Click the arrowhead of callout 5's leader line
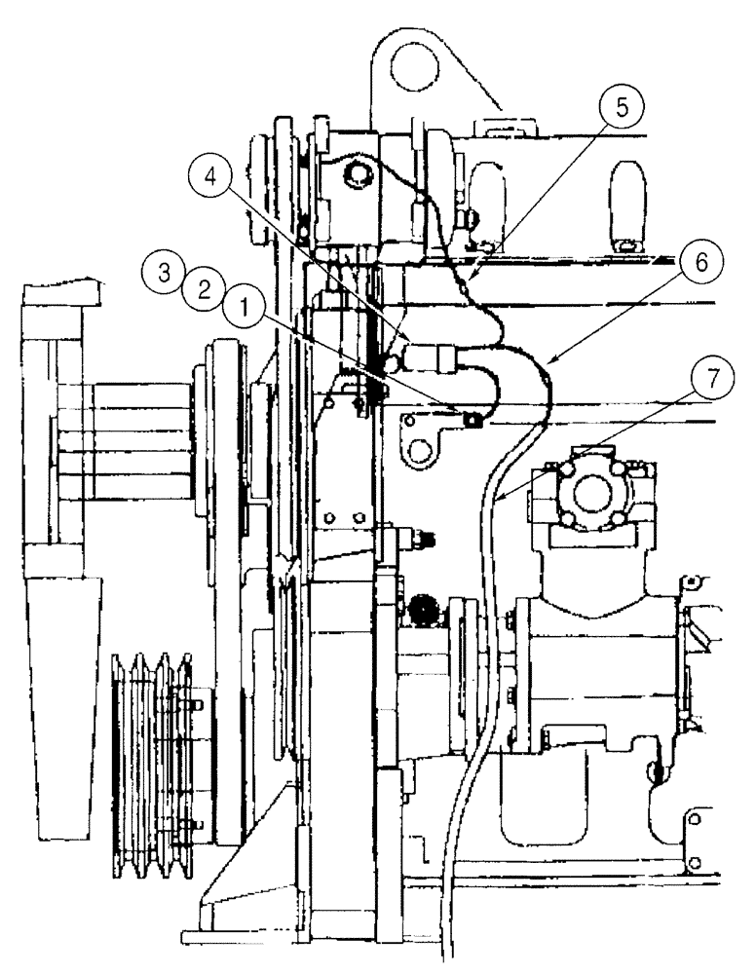click(x=470, y=280)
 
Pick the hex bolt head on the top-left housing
click(x=357, y=176)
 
